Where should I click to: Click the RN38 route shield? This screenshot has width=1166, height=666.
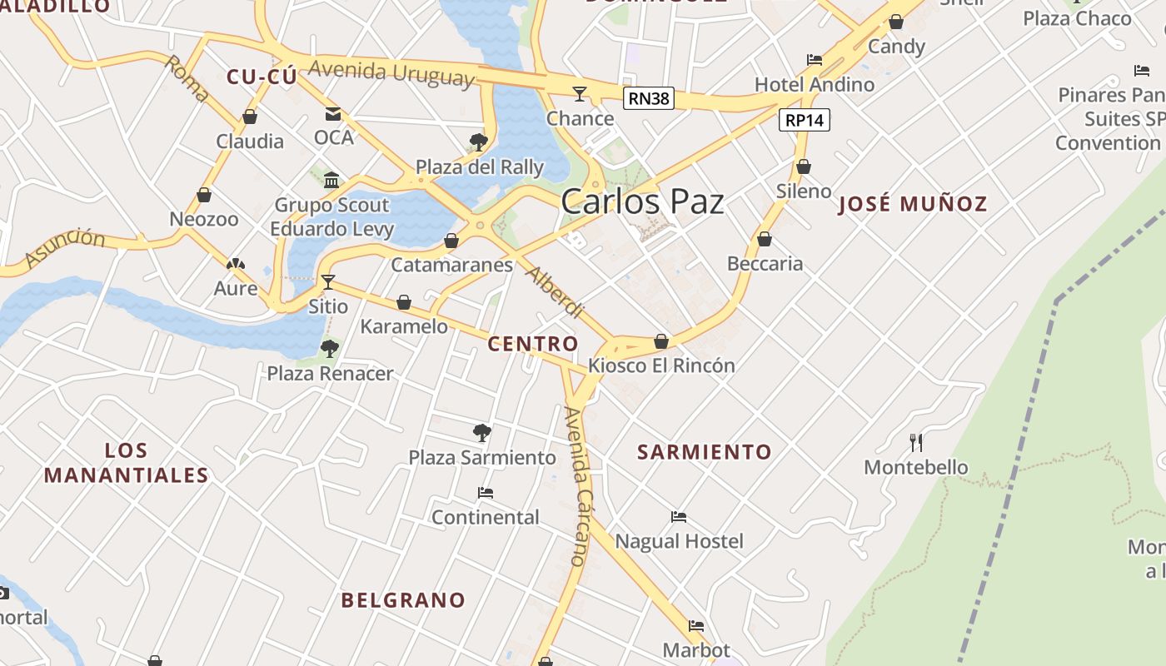pos(648,99)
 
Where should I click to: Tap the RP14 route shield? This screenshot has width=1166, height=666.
pos(805,120)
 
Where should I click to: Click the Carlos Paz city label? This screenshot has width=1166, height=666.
pos(642,202)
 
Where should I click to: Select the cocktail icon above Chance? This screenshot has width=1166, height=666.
pos(580,93)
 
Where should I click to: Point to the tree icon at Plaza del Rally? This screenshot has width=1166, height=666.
pos(478,142)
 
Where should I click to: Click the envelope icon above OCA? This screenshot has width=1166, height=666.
pos(333,113)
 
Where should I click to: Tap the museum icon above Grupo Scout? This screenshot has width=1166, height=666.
pos(331,180)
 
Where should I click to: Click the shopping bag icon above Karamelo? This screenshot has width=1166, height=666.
pos(404,302)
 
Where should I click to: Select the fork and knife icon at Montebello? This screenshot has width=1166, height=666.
pos(916,442)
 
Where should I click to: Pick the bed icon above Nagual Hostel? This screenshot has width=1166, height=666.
pos(679,517)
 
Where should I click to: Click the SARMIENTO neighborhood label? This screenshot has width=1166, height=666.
pos(705,452)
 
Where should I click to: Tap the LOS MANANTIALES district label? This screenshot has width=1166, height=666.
pos(127,463)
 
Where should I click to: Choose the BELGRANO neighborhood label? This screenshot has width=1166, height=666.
pos(403,600)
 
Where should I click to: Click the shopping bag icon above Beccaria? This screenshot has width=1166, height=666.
pos(765,240)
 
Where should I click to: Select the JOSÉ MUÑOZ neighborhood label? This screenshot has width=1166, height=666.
pos(913,204)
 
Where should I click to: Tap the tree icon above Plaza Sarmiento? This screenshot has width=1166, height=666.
pos(481,432)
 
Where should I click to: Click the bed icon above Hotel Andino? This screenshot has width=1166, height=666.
pos(815,60)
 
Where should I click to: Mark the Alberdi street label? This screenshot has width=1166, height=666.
pos(555,292)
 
